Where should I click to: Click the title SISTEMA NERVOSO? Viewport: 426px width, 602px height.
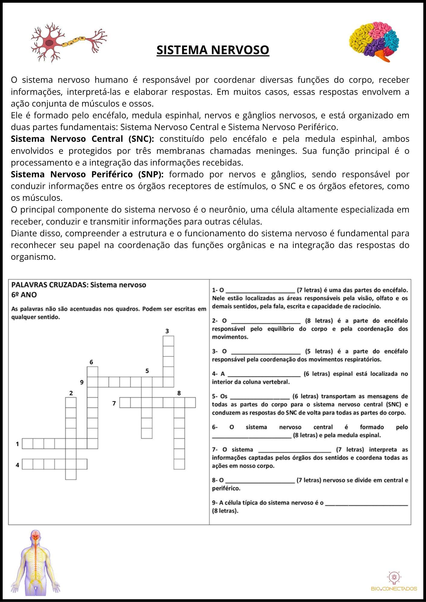click(x=213, y=50)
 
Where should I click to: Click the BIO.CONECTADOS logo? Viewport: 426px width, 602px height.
click(x=394, y=582)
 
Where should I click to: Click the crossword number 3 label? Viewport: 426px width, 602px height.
click(x=167, y=331)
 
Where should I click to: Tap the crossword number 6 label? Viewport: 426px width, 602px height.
click(x=91, y=362)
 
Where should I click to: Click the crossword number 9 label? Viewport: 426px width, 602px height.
click(x=82, y=382)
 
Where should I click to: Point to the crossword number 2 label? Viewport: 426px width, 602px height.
click(x=71, y=393)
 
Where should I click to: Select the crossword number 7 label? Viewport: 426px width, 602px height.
click(x=114, y=403)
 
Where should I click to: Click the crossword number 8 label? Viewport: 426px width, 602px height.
click(x=179, y=393)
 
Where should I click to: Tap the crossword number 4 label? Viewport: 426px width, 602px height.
click(x=17, y=465)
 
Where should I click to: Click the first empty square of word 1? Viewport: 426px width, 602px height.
click(x=27, y=444)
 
